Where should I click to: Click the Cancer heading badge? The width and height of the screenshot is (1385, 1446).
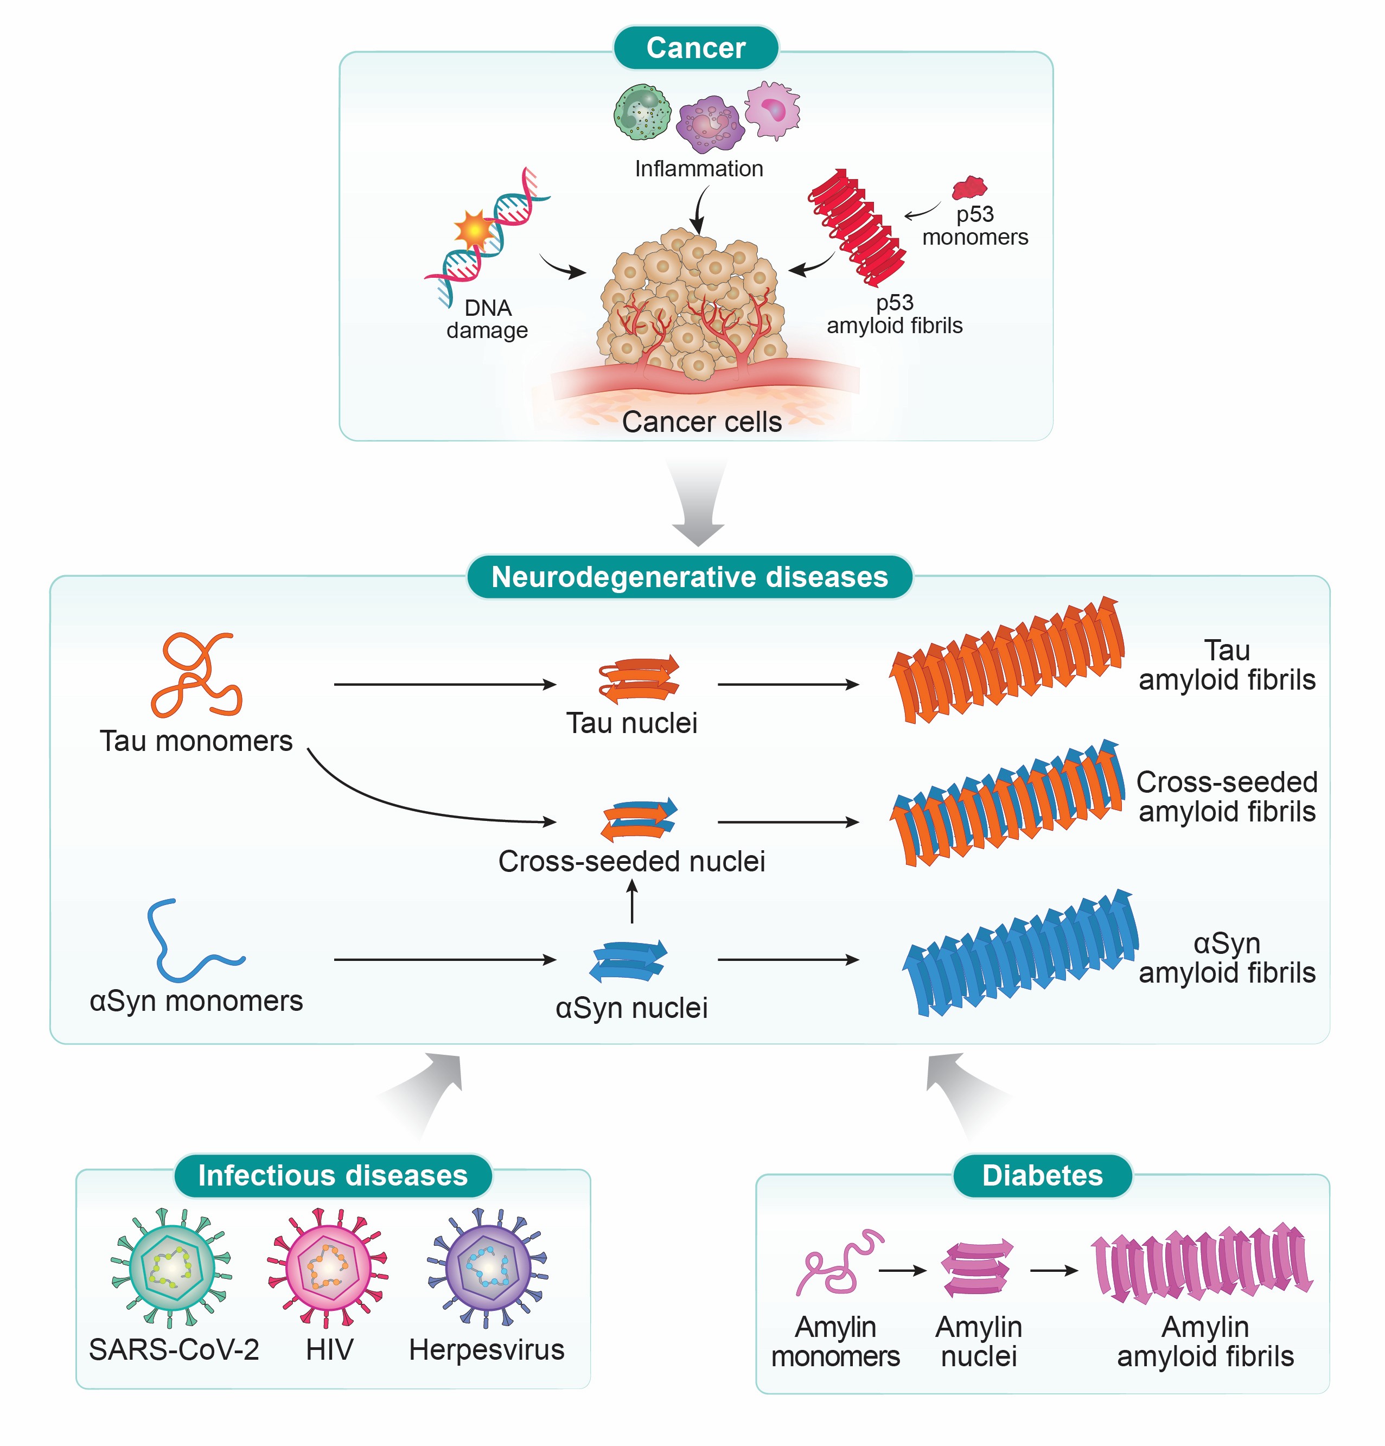pos(695,48)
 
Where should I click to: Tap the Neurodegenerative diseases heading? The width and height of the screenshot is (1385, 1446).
pos(689,577)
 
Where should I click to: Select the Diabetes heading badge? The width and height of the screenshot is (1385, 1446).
pos(1042,1175)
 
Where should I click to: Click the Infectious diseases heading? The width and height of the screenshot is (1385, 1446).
pos(332,1175)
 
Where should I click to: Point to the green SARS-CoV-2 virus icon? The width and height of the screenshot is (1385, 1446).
pos(171,1267)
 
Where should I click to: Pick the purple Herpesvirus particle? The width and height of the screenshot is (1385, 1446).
pos(487,1267)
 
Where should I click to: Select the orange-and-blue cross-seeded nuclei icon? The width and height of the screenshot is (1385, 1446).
pos(639,819)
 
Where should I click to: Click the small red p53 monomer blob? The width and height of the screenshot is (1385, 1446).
pos(968,188)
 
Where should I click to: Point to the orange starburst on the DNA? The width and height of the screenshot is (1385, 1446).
pos(473,230)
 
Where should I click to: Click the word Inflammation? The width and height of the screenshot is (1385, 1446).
pos(698,169)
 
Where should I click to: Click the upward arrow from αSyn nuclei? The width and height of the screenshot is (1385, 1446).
pos(631,902)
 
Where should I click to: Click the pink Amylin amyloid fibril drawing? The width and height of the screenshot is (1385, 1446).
pos(1202,1263)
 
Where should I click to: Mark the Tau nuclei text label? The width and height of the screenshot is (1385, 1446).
pos(631,723)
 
